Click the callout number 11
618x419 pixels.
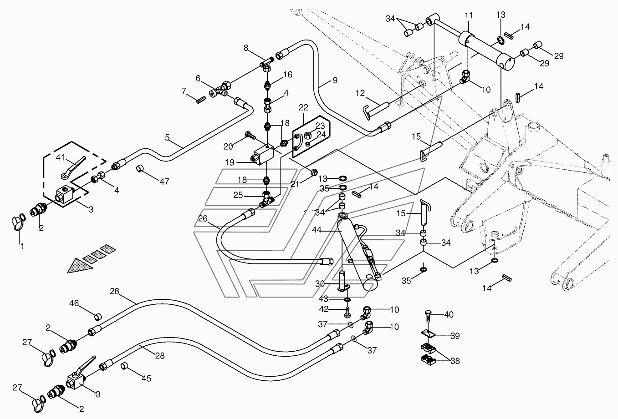pyautogui.click(x=469, y=15)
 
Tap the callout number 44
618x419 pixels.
pyautogui.click(x=317, y=230)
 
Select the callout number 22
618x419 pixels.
pyautogui.click(x=303, y=107)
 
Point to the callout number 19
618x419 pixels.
pyautogui.click(x=230, y=162)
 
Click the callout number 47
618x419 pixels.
pyautogui.click(x=164, y=182)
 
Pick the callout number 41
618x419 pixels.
pyautogui.click(x=60, y=157)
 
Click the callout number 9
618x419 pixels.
pyautogui.click(x=335, y=81)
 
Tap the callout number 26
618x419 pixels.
pyautogui.click(x=203, y=218)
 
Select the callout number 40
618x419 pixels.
pyautogui.click(x=449, y=314)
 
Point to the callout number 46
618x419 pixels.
pyautogui.click(x=74, y=303)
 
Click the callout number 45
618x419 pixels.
pyautogui.click(x=147, y=379)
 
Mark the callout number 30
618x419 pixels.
pyautogui.click(x=320, y=283)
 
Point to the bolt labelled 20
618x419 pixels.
pyautogui.click(x=250, y=135)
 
